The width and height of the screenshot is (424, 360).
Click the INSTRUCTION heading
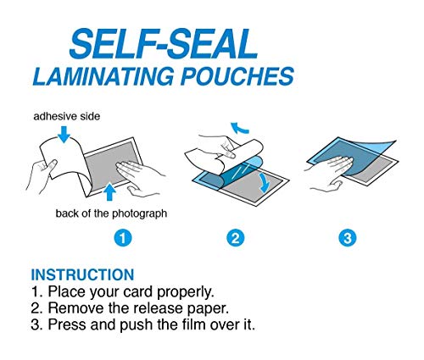81,274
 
